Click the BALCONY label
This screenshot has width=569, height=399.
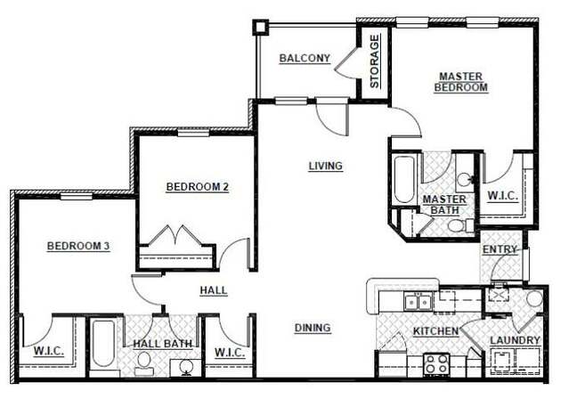click(305, 59)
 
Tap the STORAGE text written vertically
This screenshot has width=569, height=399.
click(375, 61)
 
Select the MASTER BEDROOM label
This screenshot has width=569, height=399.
click(461, 82)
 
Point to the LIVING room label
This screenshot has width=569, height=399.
click(325, 166)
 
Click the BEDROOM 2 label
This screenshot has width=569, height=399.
click(198, 187)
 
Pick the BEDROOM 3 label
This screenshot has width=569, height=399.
click(78, 246)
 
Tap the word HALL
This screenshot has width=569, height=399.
click(213, 290)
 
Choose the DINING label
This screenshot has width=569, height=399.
click(313, 328)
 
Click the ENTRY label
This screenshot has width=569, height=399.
click(500, 250)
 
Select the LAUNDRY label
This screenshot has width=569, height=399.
click(515, 341)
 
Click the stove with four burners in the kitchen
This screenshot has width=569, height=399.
click(435, 363)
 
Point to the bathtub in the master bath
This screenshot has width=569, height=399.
click(404, 181)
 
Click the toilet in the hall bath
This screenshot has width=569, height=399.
click(143, 362)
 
